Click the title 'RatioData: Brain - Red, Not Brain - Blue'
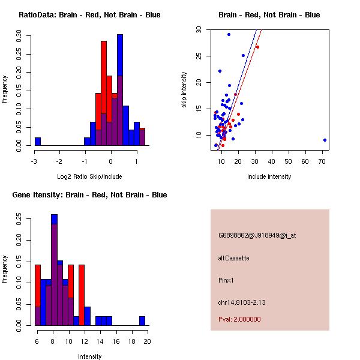click(89, 15)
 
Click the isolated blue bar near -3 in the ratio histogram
click(38, 142)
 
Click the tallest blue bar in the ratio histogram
click(120, 90)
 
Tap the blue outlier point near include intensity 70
click(325, 140)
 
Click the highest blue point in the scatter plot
click(229, 34)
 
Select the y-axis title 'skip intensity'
click(184, 90)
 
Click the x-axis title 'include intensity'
click(269, 176)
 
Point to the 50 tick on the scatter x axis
click(289, 161)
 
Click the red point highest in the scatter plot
click(257, 47)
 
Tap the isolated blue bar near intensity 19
click(142, 321)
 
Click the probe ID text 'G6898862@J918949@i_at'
click(257, 235)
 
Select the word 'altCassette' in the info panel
click(234, 258)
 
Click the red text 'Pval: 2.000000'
click(240, 319)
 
